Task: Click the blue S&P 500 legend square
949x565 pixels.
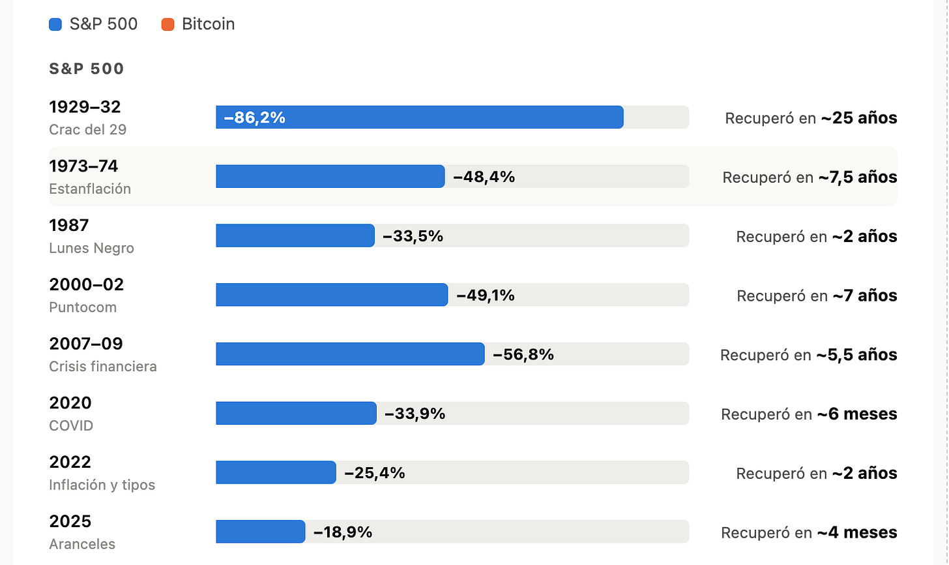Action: (x=55, y=24)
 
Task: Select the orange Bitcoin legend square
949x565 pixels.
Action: (x=168, y=24)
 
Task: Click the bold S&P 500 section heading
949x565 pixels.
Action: (x=87, y=69)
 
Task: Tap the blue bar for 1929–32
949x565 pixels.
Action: (x=420, y=117)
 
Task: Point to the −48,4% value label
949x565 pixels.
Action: (x=484, y=177)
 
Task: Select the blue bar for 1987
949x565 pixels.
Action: (x=295, y=236)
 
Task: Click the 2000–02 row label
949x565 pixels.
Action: (x=87, y=284)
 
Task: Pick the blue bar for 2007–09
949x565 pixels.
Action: (x=351, y=354)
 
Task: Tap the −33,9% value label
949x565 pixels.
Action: (x=415, y=414)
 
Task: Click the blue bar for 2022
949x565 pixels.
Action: (x=276, y=472)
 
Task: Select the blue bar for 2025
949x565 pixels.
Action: (x=261, y=532)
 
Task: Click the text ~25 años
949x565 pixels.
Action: (x=859, y=118)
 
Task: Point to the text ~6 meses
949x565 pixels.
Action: (x=857, y=414)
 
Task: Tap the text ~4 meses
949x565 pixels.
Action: (x=857, y=532)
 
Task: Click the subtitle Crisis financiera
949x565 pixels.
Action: (x=103, y=367)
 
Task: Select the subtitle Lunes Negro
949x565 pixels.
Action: (x=91, y=248)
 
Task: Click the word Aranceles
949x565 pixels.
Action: (x=82, y=544)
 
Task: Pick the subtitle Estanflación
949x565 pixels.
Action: (x=90, y=189)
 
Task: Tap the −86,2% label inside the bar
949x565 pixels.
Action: (x=255, y=117)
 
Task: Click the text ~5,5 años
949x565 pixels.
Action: (x=856, y=355)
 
